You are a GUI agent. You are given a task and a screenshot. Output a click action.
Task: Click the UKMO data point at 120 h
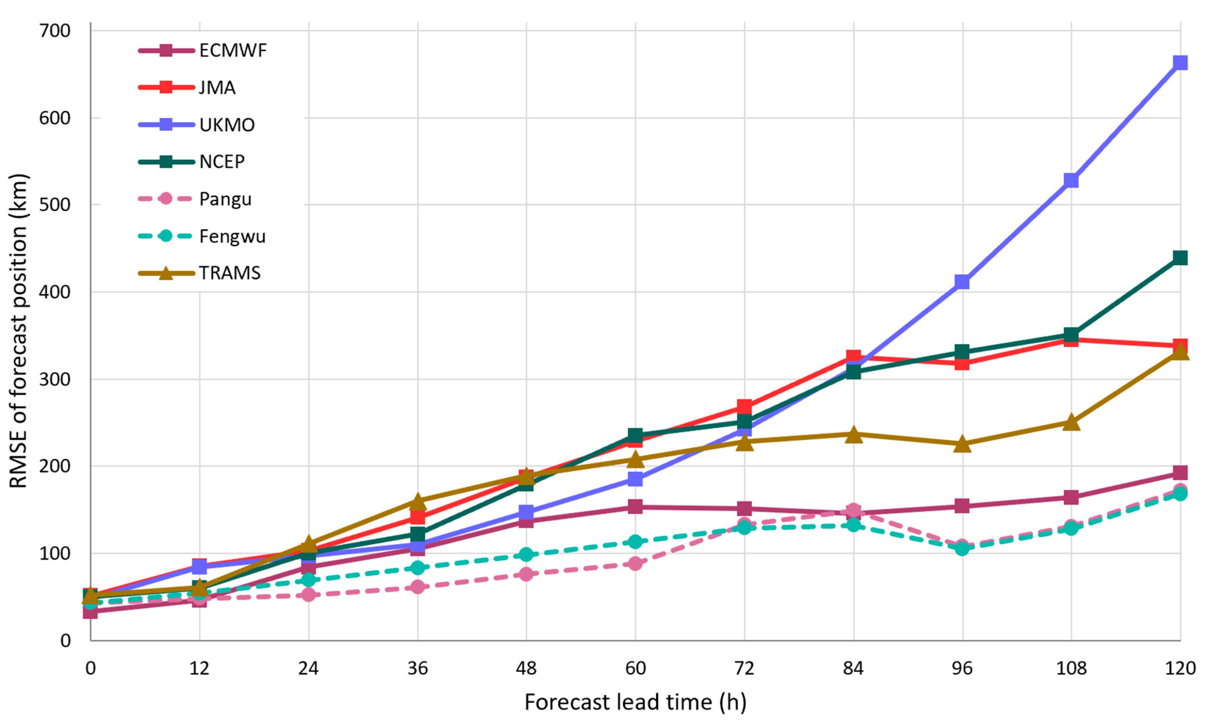(x=1180, y=63)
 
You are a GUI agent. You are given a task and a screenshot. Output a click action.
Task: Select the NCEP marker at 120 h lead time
(x=1180, y=258)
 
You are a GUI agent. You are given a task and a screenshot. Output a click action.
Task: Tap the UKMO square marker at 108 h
(x=1071, y=181)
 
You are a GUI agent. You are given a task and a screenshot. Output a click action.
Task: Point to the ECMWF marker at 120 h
(x=1180, y=472)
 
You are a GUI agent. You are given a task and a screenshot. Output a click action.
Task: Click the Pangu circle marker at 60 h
(x=635, y=564)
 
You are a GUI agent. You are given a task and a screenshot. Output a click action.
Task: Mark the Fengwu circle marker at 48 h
(x=526, y=555)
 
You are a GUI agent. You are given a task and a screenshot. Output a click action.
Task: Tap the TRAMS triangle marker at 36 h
(x=417, y=501)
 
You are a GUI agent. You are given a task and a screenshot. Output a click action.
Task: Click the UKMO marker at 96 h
(x=962, y=282)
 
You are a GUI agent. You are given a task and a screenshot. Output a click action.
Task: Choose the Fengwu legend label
(x=232, y=236)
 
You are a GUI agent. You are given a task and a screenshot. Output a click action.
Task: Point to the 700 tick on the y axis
(x=55, y=31)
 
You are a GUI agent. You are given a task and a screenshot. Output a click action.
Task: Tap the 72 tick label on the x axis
(x=744, y=668)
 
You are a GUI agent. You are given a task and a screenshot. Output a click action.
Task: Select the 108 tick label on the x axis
(x=1071, y=668)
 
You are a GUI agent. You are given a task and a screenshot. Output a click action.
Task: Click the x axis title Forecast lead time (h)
(x=635, y=702)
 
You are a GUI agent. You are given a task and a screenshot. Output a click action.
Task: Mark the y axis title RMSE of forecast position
(x=19, y=331)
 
